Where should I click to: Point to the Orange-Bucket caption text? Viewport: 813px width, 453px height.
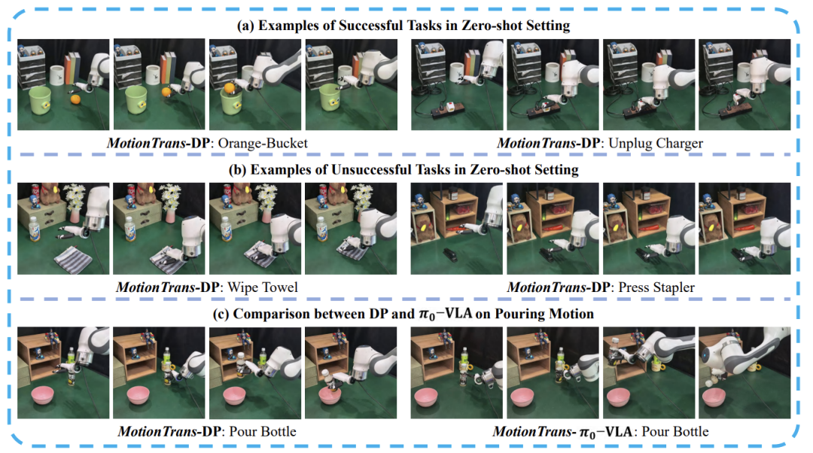pyautogui.click(x=263, y=143)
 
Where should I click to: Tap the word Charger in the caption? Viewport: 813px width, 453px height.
pyautogui.click(x=680, y=144)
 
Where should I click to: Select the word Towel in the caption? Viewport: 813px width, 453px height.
pyautogui.click(x=281, y=287)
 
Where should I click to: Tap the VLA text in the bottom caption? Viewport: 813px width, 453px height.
pyautogui.click(x=620, y=431)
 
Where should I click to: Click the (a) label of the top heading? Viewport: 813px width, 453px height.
pyautogui.click(x=245, y=26)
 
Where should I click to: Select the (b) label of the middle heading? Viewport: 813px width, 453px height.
pyautogui.click(x=238, y=169)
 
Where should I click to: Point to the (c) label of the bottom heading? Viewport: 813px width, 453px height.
pyautogui.click(x=221, y=314)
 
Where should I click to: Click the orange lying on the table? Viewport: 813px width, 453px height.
pyautogui.click(x=76, y=99)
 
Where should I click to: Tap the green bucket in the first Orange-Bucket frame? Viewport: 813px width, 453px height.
pyautogui.click(x=40, y=100)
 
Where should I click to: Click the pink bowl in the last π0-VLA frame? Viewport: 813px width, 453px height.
pyautogui.click(x=714, y=398)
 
